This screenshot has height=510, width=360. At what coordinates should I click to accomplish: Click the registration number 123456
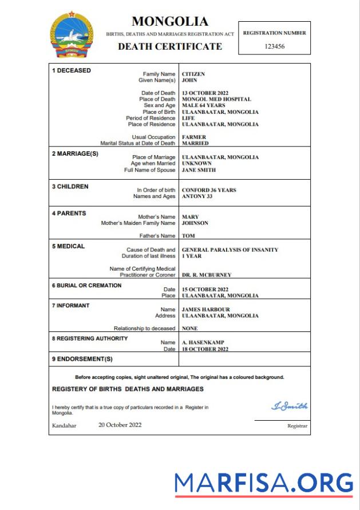click(x=275, y=46)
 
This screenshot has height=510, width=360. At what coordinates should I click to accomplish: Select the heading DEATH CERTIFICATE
click(x=170, y=46)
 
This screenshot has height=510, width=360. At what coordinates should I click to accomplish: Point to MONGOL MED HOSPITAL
click(x=216, y=99)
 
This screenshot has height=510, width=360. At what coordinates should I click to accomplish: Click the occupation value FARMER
click(x=194, y=137)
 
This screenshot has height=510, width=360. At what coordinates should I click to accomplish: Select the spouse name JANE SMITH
click(x=199, y=170)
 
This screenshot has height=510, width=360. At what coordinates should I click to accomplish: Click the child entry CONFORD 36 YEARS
click(x=209, y=190)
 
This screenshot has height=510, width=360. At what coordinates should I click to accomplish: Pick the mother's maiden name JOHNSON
click(x=195, y=223)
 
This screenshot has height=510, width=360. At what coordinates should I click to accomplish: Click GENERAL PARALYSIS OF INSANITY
click(x=230, y=250)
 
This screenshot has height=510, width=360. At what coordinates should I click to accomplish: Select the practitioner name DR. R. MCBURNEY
click(x=207, y=275)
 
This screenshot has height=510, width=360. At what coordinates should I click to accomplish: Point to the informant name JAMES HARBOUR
click(x=205, y=310)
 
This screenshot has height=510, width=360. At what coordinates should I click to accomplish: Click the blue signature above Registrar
click(x=289, y=406)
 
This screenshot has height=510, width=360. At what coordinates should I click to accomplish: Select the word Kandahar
click(x=64, y=425)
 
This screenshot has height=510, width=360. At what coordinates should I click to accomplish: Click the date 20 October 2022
click(x=120, y=425)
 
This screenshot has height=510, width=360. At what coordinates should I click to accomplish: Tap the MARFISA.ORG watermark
click(x=264, y=483)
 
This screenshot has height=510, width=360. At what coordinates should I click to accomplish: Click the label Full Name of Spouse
click(x=149, y=170)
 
